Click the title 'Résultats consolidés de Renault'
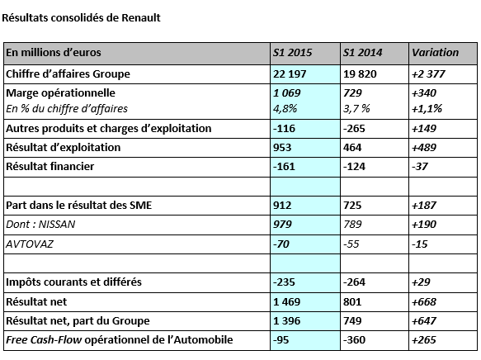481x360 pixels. [x=81, y=18]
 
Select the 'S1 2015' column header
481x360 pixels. [x=292, y=53]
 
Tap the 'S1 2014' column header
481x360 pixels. [x=362, y=53]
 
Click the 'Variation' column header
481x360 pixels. [x=435, y=53]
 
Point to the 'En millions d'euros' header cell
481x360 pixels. [x=54, y=53]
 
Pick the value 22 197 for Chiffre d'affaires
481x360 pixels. [x=290, y=74]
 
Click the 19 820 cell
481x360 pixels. [x=360, y=74]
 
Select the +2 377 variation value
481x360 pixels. [x=428, y=74]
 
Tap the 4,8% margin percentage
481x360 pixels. [x=285, y=109]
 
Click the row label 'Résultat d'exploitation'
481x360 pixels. [x=64, y=147]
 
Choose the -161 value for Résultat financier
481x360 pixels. [x=284, y=166]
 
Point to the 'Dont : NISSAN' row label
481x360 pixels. [x=40, y=225]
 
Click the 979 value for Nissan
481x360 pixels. [x=282, y=225]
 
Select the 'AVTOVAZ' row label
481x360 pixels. [x=30, y=244]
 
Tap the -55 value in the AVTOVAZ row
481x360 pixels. [x=351, y=244]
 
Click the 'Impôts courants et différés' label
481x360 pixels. [x=73, y=282]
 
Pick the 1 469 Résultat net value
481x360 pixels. [x=286, y=301]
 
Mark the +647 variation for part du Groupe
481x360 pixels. [x=423, y=320]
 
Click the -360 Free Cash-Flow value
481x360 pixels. [x=354, y=339]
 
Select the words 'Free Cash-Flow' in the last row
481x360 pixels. [x=44, y=339]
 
